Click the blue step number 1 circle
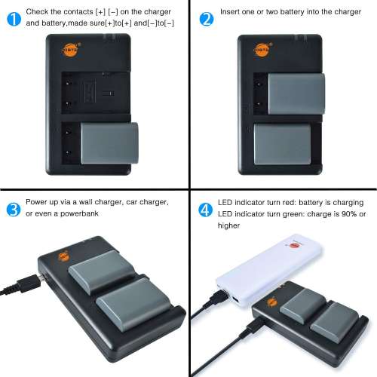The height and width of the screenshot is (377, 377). pyautogui.click(x=13, y=19)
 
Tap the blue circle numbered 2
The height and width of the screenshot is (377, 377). pyautogui.click(x=207, y=19)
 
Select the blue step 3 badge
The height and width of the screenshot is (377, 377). pyautogui.click(x=13, y=209)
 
